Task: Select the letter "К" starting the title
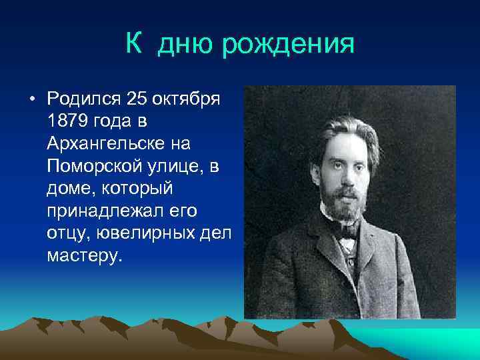tap(133, 45)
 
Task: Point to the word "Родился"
tap(83, 100)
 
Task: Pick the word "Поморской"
tap(93, 165)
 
